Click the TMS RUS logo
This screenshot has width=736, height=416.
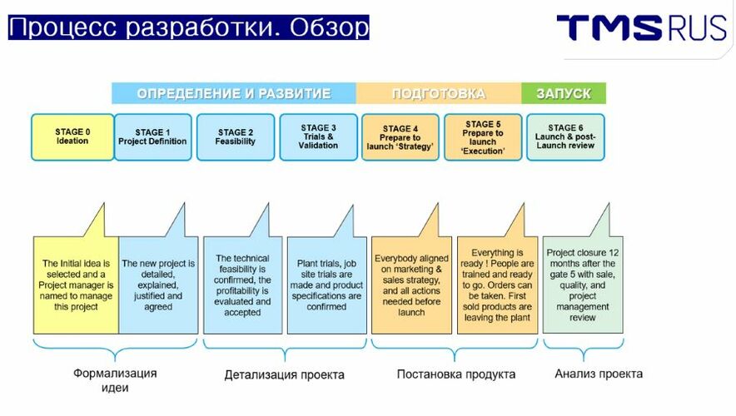(641, 27)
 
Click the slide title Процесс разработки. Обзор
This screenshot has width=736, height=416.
(189, 27)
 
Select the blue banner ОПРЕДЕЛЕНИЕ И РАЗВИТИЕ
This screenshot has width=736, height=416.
(234, 93)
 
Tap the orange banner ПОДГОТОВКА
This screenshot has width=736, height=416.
(439, 93)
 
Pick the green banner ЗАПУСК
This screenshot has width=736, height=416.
(564, 93)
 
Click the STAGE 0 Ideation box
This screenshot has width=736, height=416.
(72, 137)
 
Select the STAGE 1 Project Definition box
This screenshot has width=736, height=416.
(153, 137)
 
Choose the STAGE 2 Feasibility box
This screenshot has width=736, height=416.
(236, 137)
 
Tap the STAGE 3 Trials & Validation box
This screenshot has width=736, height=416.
(318, 137)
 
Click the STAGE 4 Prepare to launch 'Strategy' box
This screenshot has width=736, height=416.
(400, 137)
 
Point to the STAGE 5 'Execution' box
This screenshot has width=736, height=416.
(483, 137)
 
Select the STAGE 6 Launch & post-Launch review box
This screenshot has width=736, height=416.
(565, 137)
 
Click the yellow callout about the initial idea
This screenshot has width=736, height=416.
(76, 285)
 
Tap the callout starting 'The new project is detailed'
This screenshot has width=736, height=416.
(159, 285)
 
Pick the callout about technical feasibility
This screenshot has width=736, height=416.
(242, 285)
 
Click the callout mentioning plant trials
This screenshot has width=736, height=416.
(326, 285)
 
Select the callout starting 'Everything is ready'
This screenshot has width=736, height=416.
(498, 285)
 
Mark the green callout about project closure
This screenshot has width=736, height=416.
(583, 285)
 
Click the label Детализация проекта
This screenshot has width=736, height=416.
(285, 374)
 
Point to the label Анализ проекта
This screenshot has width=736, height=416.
(599, 374)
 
